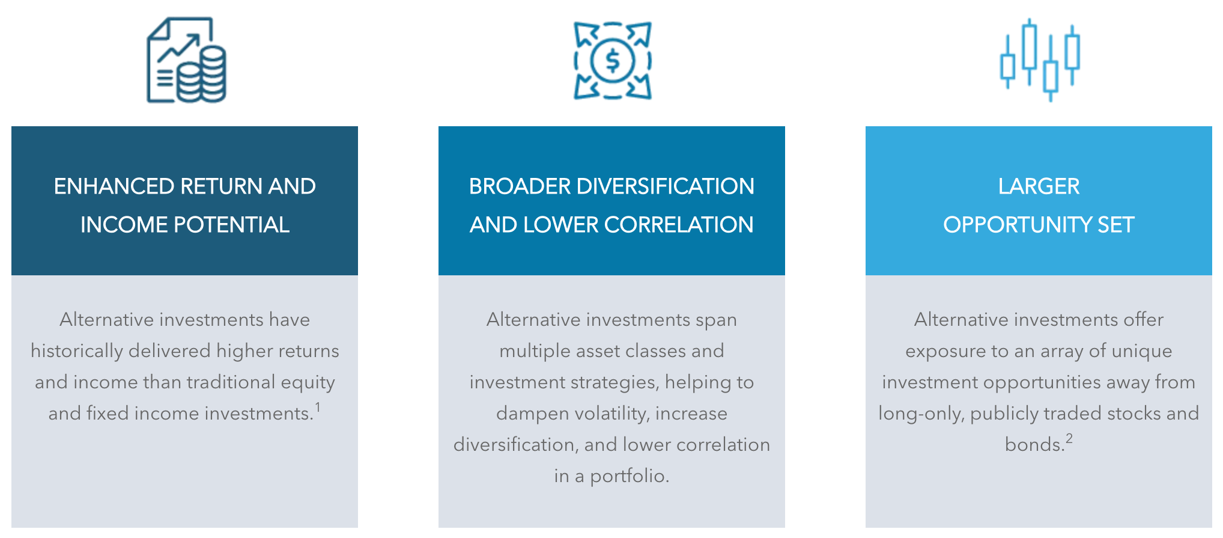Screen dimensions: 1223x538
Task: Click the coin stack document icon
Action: [186, 60]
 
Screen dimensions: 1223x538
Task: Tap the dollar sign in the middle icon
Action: [612, 61]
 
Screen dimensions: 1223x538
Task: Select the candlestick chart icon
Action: [1039, 60]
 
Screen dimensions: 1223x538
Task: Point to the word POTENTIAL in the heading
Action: [231, 225]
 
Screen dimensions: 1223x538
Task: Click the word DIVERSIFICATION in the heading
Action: [665, 186]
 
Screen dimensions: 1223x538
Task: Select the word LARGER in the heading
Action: [1039, 186]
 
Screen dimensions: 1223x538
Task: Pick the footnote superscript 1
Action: [318, 408]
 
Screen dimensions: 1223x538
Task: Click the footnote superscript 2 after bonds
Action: [1069, 439]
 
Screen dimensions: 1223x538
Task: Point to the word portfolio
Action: [630, 476]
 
